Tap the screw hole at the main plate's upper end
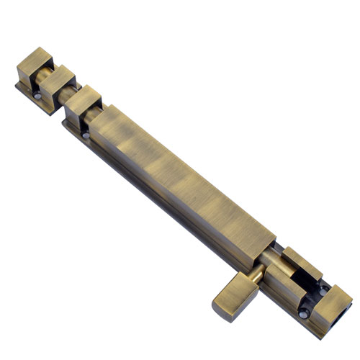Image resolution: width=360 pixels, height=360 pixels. click(x=84, y=134)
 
